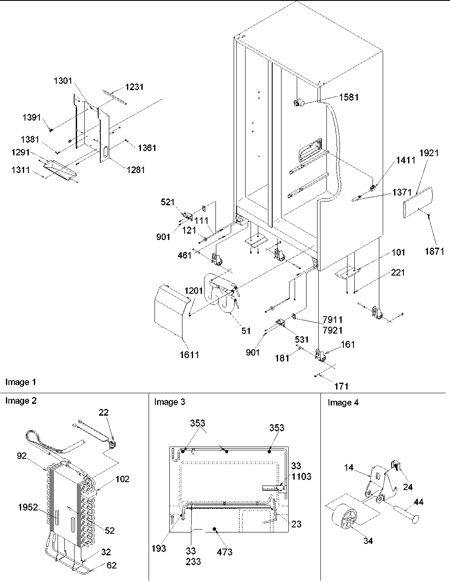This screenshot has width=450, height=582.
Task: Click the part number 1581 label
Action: [348, 97]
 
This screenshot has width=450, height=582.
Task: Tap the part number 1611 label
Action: [188, 355]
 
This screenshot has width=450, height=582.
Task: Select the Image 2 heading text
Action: [21, 401]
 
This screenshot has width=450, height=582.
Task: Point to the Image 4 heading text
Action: [343, 403]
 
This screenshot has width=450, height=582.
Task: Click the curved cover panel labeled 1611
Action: [169, 313]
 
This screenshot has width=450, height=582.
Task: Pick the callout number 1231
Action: [134, 87]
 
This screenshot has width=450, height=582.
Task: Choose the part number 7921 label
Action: [332, 330]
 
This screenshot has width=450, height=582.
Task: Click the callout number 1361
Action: [146, 148]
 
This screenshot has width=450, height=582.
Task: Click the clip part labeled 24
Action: [396, 466]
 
